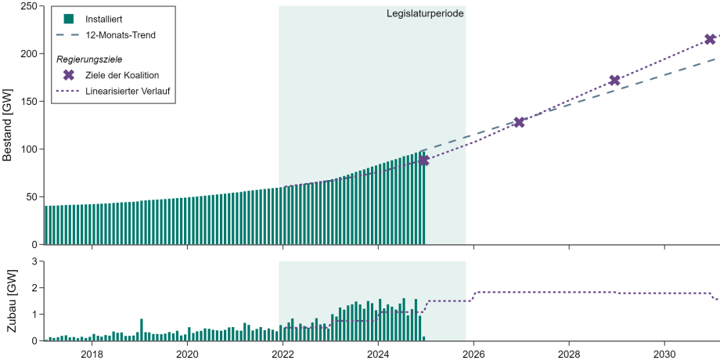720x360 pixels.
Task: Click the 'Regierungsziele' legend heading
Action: [89, 59]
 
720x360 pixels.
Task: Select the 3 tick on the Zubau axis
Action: [35, 261]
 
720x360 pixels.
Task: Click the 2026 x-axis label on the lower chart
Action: [473, 353]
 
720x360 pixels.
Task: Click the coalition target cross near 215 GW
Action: [711, 39]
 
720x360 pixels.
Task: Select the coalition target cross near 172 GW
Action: [615, 80]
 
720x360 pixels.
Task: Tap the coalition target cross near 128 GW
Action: [519, 122]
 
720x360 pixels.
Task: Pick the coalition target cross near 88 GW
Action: [423, 160]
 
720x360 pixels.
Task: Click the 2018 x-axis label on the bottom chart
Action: [92, 353]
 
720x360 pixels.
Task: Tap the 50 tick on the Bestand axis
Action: [31, 196]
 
